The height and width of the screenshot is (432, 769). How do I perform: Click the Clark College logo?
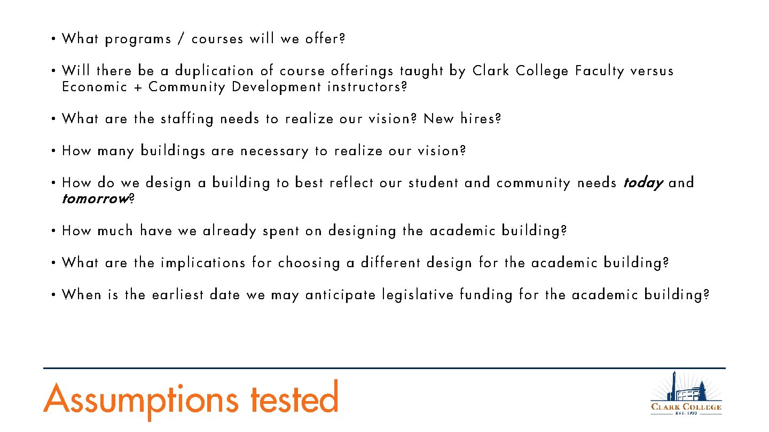click(686, 394)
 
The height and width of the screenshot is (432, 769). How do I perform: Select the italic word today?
click(643, 183)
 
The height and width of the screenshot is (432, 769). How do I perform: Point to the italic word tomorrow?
click(95, 199)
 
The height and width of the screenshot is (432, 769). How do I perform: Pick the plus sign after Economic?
click(138, 87)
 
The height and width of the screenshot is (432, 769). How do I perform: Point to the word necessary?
click(274, 151)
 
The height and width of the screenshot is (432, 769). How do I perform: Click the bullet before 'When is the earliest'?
click(54, 295)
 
